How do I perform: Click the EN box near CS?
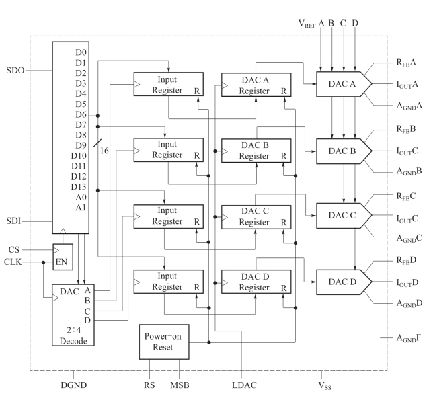coord(63,256)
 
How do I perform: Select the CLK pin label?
coord(14,262)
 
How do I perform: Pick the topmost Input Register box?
coord(167,85)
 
